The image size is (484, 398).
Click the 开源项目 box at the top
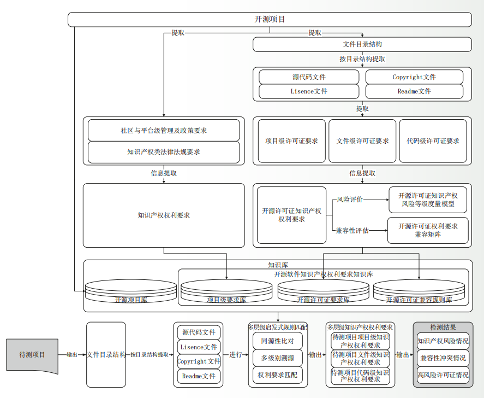click(x=270, y=20)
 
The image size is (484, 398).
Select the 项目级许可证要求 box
click(x=291, y=141)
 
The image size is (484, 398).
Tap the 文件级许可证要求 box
click(x=362, y=141)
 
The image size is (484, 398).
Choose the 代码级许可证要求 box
click(x=433, y=141)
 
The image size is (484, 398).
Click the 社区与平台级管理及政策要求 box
click(x=164, y=131)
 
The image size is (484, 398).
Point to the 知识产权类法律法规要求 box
click(x=164, y=152)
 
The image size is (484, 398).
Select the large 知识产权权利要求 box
click(x=164, y=215)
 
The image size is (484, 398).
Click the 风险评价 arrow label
click(x=350, y=200)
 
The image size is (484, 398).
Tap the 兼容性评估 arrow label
click(x=352, y=231)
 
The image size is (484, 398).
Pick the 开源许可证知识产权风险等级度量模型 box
click(x=428, y=200)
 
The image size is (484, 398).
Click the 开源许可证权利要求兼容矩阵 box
click(x=428, y=230)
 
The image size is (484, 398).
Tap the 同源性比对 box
click(x=278, y=341)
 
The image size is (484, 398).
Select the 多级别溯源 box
click(x=278, y=358)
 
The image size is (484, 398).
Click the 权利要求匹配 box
click(x=278, y=376)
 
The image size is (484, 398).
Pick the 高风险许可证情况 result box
click(x=443, y=375)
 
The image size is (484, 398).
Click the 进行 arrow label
click(x=236, y=355)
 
